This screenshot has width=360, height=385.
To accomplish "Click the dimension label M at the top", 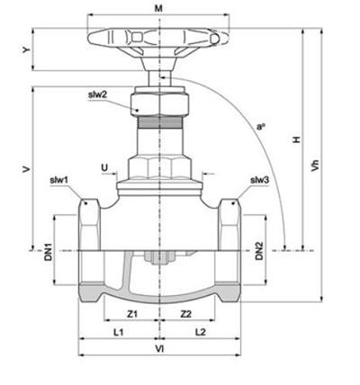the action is tap(158, 9).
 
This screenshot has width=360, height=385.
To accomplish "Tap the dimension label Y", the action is tap(27, 49).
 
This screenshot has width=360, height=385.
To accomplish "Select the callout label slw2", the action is tap(97, 95).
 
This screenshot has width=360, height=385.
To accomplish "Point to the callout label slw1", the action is tap(59, 180).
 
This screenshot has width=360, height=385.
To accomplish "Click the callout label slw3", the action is tap(260, 180).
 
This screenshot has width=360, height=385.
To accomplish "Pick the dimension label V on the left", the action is tap(27, 169).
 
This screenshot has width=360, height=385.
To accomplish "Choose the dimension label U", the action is tap(104, 167).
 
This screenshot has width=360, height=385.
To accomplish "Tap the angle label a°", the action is tap(260, 127).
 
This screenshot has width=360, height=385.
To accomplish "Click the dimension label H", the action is tap(297, 139).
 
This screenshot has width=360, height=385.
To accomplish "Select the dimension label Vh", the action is tap(315, 165).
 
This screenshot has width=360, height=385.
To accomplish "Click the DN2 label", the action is tap(259, 251).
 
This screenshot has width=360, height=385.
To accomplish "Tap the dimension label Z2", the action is tap(186, 314).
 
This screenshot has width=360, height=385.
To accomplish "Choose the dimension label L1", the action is tap(118, 332).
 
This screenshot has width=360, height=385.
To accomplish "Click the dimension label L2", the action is tap(201, 332).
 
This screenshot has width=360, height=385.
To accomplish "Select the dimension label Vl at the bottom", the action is tap(159, 349).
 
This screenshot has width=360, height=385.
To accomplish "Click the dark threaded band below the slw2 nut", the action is tap(159, 122).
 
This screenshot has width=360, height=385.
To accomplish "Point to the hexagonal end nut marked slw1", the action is tap(89, 225).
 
